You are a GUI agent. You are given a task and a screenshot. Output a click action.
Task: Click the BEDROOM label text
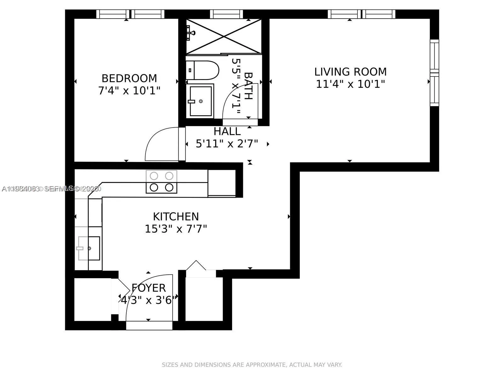pos(129,78)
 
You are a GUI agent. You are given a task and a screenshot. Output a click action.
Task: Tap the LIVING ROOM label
pos(350,72)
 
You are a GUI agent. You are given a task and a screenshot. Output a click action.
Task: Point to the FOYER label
pos(148,288)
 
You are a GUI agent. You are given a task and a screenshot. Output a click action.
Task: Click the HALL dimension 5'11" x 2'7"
pos(227,144)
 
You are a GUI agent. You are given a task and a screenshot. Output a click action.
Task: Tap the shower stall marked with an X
pos(224,36)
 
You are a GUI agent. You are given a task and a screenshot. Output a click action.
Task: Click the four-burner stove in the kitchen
pos(161,182)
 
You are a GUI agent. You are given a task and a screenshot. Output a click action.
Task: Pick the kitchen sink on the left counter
pos(89,248)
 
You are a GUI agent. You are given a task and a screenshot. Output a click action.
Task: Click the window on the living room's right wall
pos(434,73)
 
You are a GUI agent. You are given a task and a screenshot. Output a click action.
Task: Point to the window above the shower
pos(226,14)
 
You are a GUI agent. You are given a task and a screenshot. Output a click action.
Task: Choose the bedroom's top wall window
pos(130,14)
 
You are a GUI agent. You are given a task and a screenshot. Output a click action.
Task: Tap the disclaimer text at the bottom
pos(252,365)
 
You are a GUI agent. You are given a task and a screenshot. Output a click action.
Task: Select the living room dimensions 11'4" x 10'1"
pos(350,84)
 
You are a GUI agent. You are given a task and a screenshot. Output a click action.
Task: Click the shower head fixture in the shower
pos(190,32)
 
